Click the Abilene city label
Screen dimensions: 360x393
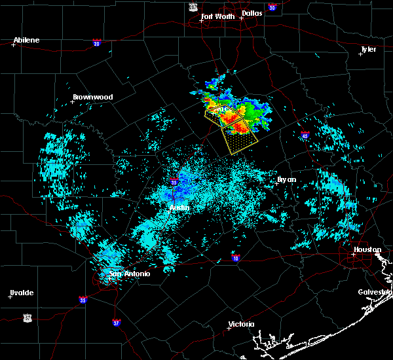[27, 40]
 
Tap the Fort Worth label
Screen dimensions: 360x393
[217, 16]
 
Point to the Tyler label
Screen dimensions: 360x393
[369, 49]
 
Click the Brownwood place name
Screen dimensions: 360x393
[93, 97]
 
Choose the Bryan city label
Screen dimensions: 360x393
[286, 179]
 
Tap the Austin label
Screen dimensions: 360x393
[179, 208]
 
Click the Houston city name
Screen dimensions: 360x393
[367, 249]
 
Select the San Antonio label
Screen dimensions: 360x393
[130, 274]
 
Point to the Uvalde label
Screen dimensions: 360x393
[22, 293]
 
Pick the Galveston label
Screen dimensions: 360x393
[375, 292]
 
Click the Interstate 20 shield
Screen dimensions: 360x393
[96, 43]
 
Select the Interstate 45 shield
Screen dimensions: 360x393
[305, 135]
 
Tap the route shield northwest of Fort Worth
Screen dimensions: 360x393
[193, 6]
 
